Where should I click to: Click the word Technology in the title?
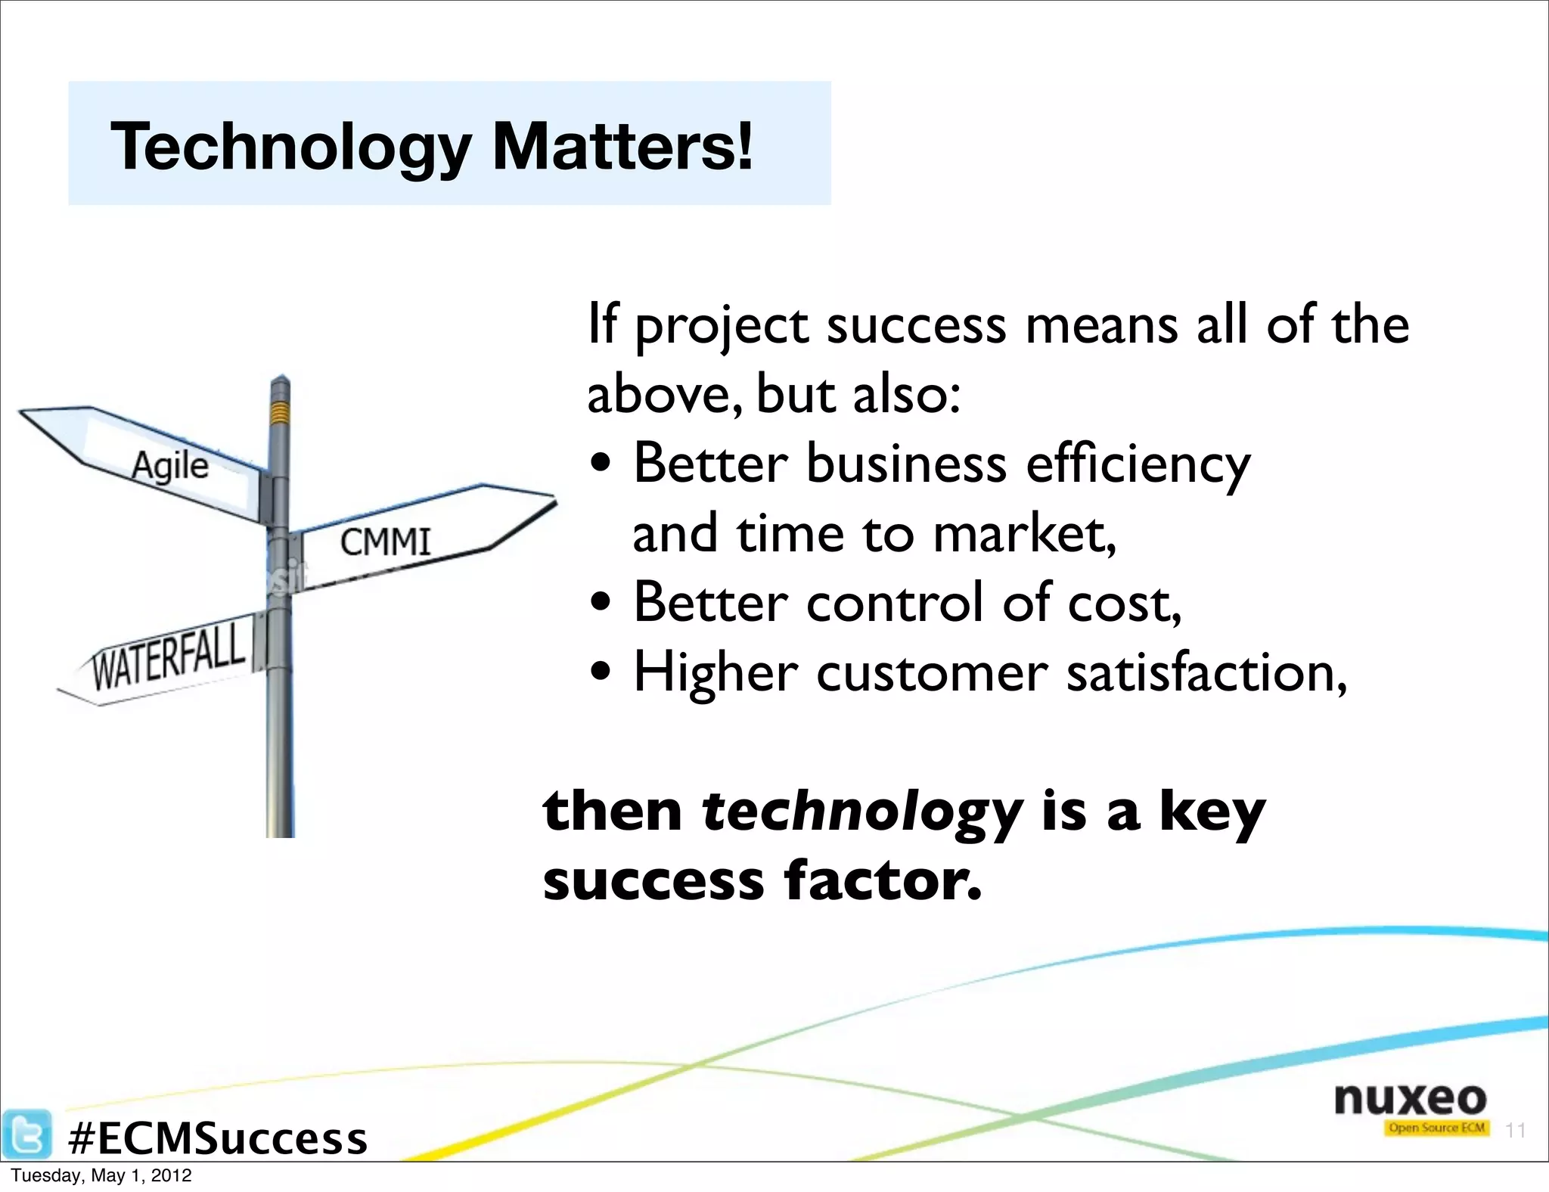click(x=291, y=147)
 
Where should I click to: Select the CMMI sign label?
click(x=386, y=542)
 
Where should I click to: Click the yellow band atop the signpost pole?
click(x=281, y=412)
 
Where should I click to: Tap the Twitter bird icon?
click(x=27, y=1133)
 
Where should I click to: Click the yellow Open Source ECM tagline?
click(x=1436, y=1128)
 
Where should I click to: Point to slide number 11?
click(x=1514, y=1130)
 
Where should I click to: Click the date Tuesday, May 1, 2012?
click(x=101, y=1176)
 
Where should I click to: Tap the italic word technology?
click(x=862, y=812)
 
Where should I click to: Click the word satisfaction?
click(x=1206, y=672)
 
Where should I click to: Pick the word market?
click(x=1025, y=533)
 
